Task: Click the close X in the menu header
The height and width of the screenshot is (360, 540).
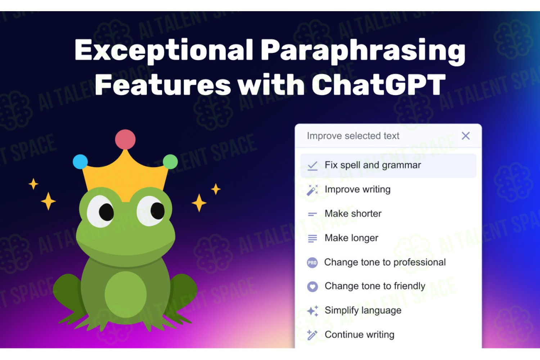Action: [465, 136]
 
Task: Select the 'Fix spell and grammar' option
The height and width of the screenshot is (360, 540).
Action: [388, 166]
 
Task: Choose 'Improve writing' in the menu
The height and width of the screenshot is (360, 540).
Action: [357, 189]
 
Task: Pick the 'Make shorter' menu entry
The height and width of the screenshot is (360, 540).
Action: [353, 213]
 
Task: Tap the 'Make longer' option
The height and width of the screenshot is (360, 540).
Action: [351, 238]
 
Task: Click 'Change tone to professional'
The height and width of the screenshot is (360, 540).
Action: [385, 262]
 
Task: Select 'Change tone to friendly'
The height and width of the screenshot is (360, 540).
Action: [375, 286]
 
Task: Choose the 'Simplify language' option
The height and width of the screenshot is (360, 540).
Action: [363, 310]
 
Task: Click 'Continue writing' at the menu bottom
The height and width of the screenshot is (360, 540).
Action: [359, 335]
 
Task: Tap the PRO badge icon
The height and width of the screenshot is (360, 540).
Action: [312, 262]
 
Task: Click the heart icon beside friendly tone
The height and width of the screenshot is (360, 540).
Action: [312, 287]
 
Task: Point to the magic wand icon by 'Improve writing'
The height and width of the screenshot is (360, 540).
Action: [312, 190]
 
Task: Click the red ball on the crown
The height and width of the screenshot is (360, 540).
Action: [125, 139]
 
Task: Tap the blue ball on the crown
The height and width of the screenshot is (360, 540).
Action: [80, 162]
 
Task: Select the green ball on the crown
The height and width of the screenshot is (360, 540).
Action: [170, 162]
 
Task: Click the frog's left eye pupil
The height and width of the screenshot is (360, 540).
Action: [106, 212]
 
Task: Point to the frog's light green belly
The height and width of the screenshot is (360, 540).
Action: [126, 294]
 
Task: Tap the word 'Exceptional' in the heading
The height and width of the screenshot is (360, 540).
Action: [164, 50]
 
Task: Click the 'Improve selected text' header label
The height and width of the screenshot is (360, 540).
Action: [353, 136]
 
